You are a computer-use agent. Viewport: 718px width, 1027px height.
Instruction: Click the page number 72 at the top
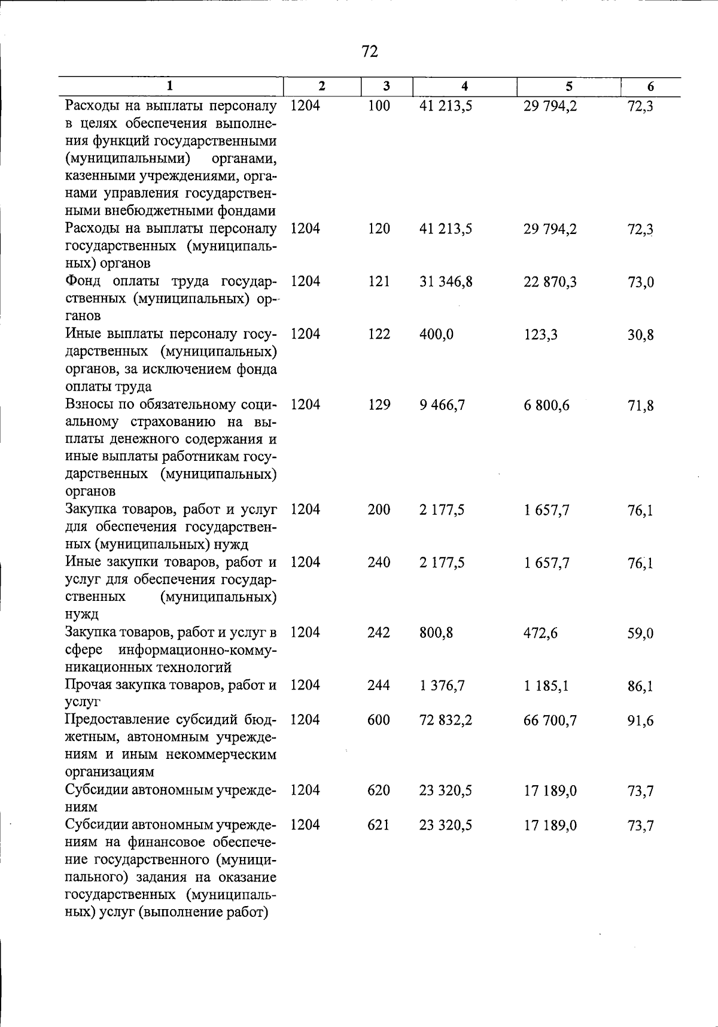tap(370, 52)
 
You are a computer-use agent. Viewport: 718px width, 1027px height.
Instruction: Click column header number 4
tap(464, 86)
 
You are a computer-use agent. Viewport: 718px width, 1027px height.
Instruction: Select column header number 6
tap(650, 87)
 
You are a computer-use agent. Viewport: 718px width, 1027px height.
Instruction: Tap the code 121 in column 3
tap(379, 281)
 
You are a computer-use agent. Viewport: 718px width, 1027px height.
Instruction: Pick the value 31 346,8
tap(446, 281)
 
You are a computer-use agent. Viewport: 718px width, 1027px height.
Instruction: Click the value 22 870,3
tap(550, 281)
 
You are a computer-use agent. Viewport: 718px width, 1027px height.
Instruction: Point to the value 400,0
tap(436, 334)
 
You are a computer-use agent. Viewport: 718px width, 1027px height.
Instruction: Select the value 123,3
tap(540, 334)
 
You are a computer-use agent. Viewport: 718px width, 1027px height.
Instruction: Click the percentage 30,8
tap(640, 335)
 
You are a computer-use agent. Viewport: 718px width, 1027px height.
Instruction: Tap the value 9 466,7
tap(442, 405)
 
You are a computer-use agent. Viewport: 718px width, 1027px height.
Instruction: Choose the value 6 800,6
tap(546, 405)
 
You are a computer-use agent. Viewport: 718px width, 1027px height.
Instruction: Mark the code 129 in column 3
tap(379, 405)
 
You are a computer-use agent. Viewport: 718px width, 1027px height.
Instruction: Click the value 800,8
tap(436, 633)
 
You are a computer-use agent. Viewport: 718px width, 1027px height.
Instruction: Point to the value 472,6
tap(540, 633)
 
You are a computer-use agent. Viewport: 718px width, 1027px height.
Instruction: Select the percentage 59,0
tap(640, 633)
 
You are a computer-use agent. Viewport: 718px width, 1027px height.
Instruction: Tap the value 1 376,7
tap(442, 685)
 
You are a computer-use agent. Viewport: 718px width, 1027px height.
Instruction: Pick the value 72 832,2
tap(446, 720)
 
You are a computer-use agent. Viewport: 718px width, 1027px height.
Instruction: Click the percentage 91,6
tap(640, 721)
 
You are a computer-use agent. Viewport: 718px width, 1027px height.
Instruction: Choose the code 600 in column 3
tap(379, 720)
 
